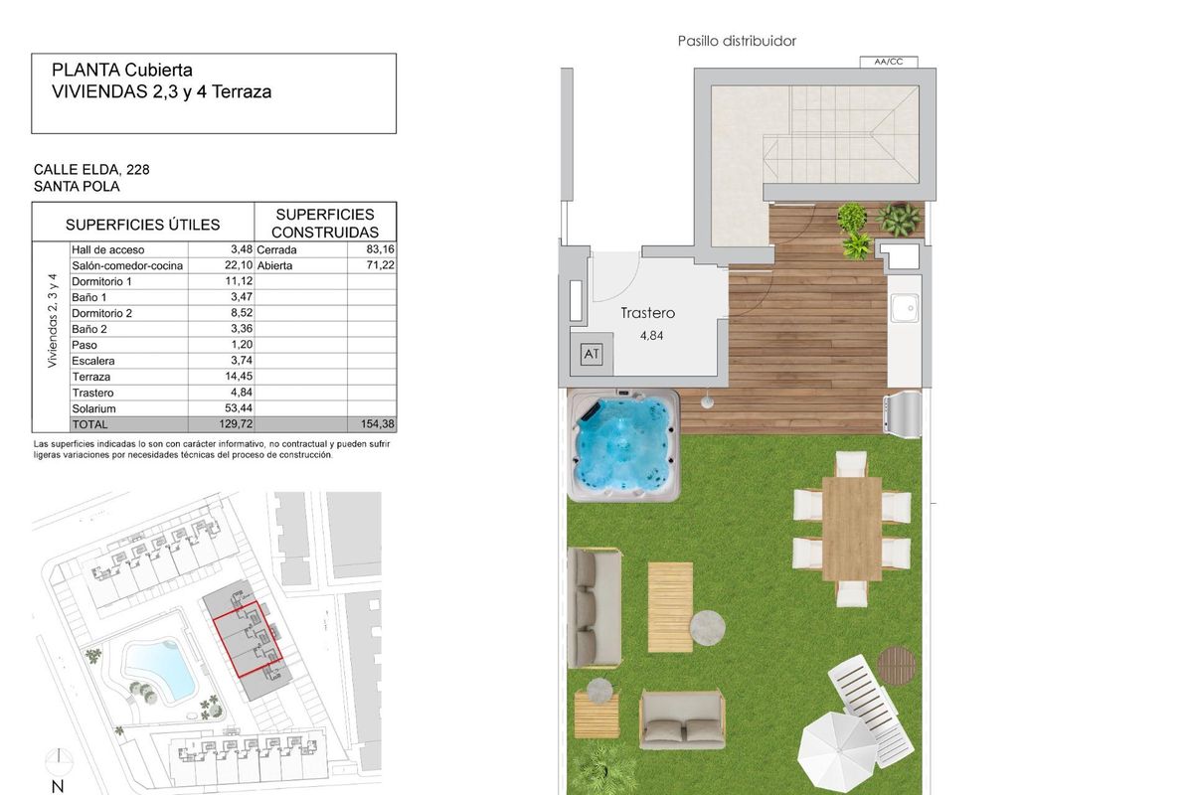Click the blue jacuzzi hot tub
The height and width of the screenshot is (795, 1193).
click(623, 444)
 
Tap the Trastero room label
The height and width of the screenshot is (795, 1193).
click(647, 313)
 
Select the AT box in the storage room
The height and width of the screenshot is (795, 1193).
click(592, 354)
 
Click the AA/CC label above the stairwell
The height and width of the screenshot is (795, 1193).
click(880, 62)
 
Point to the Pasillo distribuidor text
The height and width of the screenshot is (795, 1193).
click(737, 42)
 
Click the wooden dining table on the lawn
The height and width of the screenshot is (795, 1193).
click(852, 528)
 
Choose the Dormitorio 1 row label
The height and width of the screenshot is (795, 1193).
click(101, 282)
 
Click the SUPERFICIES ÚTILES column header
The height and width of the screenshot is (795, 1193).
click(143, 225)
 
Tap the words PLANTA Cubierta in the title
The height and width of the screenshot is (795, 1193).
click(122, 71)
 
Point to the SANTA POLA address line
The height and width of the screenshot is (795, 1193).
click(77, 186)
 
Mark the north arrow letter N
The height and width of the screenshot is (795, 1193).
click(58, 786)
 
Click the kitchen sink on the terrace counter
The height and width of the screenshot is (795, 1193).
click(905, 310)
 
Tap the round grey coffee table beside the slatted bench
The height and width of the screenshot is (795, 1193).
click(708, 626)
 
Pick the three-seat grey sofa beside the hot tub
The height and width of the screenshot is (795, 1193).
click(596, 607)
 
